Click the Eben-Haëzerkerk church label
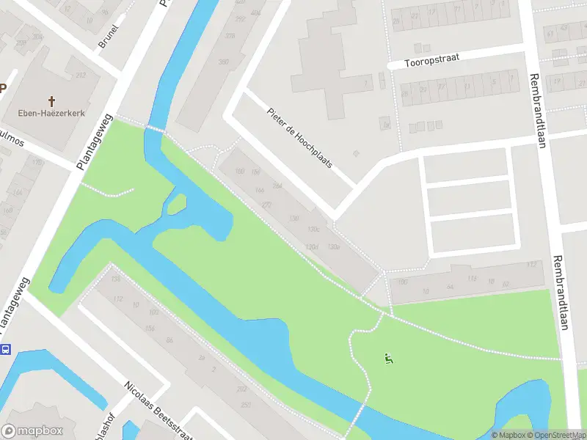point(51,114)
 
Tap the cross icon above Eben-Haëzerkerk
point(51,100)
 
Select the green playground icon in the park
point(387,359)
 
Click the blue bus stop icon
point(6,349)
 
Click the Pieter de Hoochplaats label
point(300,137)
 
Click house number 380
point(224,62)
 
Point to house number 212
point(81,75)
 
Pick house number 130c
point(315,230)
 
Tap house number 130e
point(334,246)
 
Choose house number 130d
point(313,246)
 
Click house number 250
point(246,405)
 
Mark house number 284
point(277,186)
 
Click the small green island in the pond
point(176,204)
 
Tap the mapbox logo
point(32,430)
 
